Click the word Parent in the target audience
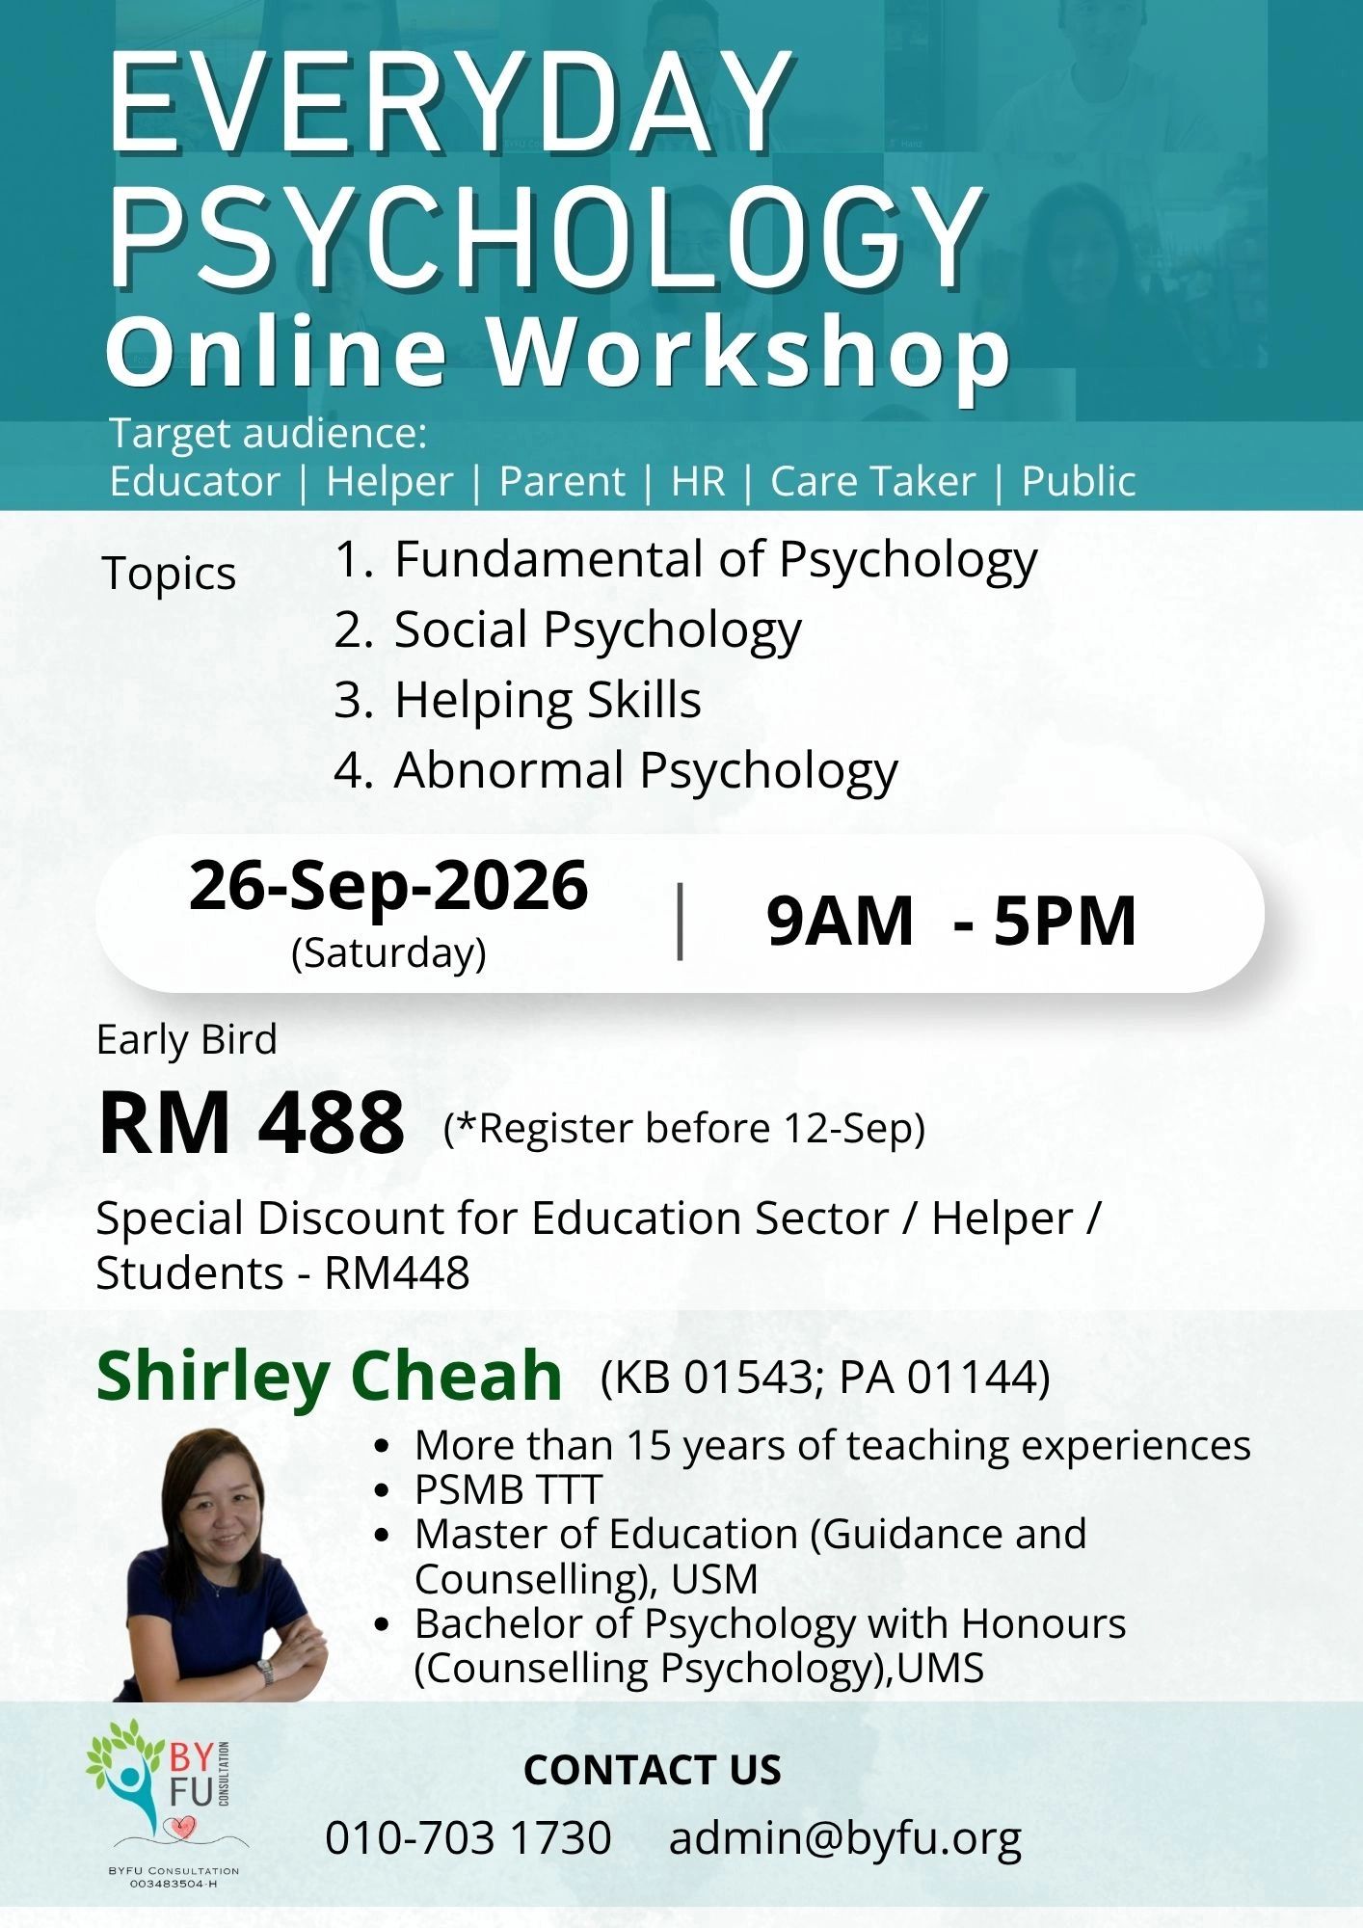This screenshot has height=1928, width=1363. click(562, 481)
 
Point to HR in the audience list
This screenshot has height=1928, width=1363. click(698, 481)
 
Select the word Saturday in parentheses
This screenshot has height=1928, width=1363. click(388, 952)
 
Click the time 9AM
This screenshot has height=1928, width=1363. click(840, 921)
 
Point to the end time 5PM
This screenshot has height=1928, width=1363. click(1065, 921)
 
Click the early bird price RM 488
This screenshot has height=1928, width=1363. click(252, 1123)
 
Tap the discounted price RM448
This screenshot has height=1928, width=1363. click(397, 1272)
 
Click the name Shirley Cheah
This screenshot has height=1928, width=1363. click(329, 1376)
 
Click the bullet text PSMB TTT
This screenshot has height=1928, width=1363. click(508, 1489)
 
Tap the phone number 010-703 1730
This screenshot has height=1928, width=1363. click(468, 1837)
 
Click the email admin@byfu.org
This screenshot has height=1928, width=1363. click(845, 1839)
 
